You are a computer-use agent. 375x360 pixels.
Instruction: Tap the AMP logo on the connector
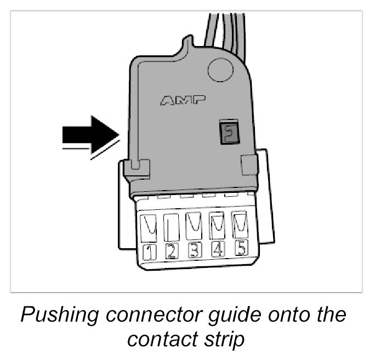coord(183,100)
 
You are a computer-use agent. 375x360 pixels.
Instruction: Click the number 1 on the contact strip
coord(149,253)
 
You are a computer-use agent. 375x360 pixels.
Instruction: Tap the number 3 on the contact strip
coord(194,251)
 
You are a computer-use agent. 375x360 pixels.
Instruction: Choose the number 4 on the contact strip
coord(217,250)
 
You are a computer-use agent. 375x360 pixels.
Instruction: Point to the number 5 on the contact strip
coord(240,249)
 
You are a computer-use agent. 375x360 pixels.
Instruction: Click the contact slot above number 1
coord(149,227)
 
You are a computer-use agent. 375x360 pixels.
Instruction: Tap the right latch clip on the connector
coord(249,162)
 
